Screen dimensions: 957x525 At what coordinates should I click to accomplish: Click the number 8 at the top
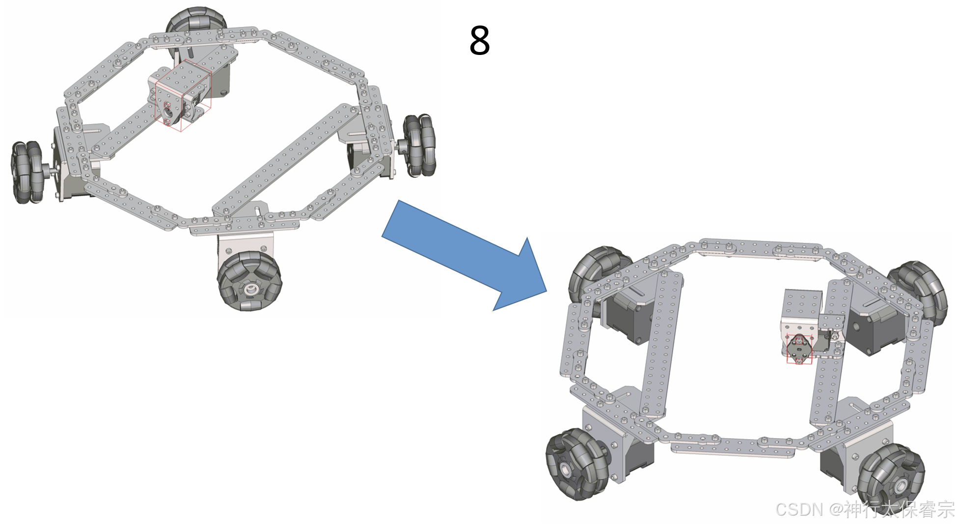479,40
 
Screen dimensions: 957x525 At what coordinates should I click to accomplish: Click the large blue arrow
465,255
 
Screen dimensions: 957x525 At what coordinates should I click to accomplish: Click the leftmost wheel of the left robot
27,172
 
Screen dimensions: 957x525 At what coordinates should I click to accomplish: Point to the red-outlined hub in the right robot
799,348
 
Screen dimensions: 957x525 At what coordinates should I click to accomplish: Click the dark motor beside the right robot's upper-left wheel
631,316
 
